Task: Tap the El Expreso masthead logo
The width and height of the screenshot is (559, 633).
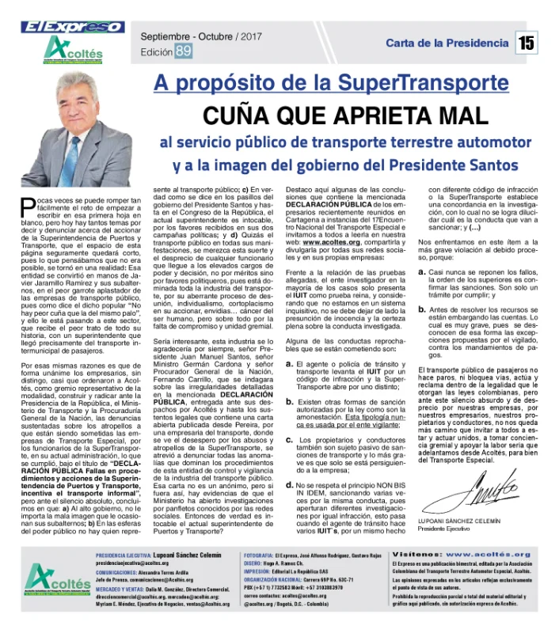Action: pyautogui.click(x=62, y=27)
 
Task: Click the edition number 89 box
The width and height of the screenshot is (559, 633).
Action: pyautogui.click(x=183, y=51)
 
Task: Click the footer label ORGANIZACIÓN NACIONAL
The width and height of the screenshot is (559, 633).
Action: pyautogui.click(x=276, y=580)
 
